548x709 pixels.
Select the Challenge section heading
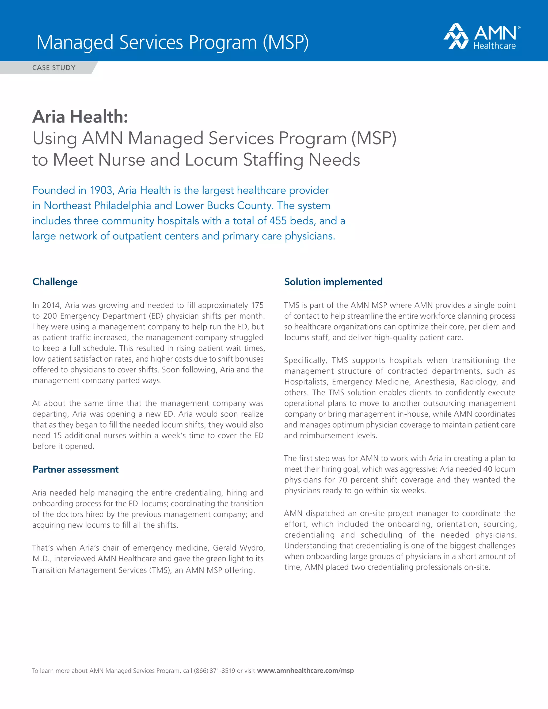coord(55,281)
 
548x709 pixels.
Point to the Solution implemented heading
coord(333,281)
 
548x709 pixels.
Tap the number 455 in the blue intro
coord(278,221)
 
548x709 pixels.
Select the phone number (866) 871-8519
coord(214,670)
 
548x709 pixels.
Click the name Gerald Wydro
coord(239,548)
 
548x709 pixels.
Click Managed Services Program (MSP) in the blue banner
coord(172,42)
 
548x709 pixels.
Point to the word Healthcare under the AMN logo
coord(494,46)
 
